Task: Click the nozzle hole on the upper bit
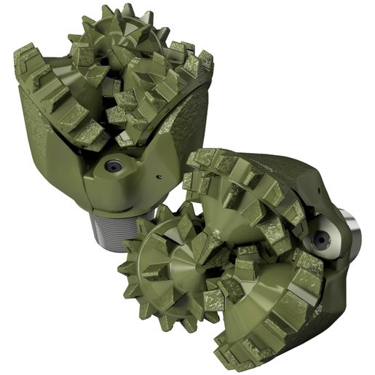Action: pos(113,166)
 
